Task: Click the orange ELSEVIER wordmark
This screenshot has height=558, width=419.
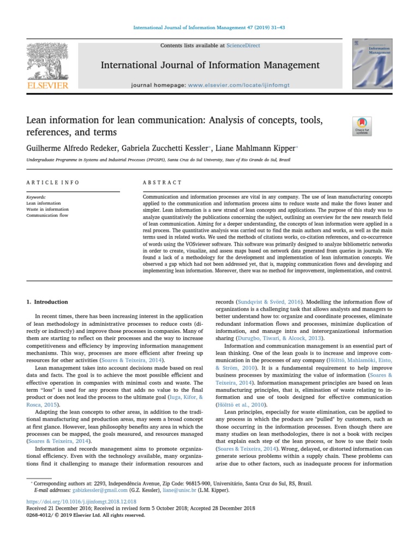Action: click(48, 86)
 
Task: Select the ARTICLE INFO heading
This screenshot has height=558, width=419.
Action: click(53, 182)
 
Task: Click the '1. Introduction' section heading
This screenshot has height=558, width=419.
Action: click(47, 302)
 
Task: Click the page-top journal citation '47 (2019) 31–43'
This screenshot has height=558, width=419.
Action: click(261, 27)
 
